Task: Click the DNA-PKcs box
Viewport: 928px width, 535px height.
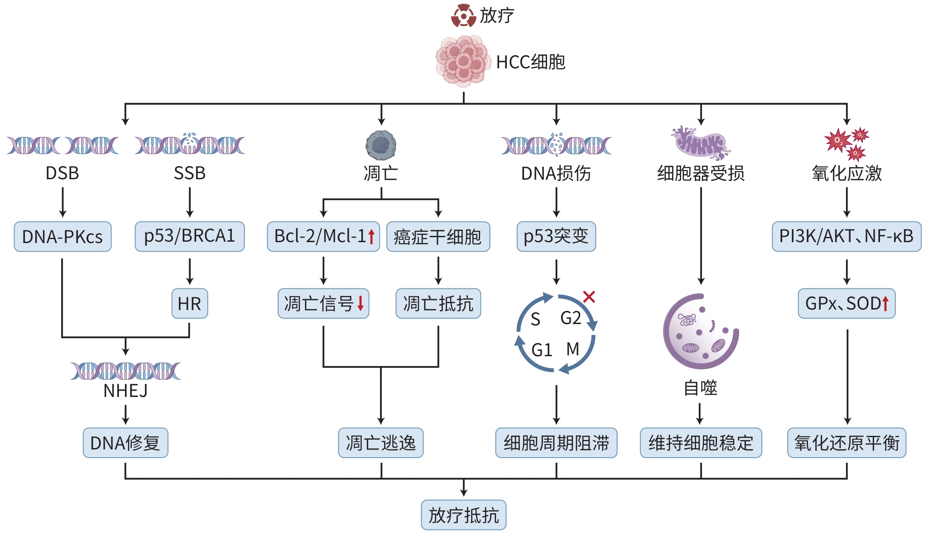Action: tap(63, 236)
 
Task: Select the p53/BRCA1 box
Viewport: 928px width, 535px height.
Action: tap(189, 236)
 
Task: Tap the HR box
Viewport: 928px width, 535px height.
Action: tap(189, 303)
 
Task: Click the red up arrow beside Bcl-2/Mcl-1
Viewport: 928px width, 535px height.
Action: tap(371, 236)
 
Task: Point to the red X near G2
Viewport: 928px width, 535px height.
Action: tap(589, 297)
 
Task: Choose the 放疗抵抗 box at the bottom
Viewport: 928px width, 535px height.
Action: tap(463, 515)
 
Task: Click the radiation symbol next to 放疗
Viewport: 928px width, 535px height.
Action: tap(463, 16)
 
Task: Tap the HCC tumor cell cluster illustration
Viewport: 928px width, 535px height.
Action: tap(463, 61)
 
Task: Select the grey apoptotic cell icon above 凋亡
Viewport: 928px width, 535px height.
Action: tap(381, 145)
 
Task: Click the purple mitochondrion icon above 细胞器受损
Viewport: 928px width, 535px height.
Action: tap(701, 143)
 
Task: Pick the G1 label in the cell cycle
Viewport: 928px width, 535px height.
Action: tap(541, 350)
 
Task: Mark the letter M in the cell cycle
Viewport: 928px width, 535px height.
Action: tap(573, 349)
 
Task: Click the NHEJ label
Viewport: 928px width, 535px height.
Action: tap(125, 391)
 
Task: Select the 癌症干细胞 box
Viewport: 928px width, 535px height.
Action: tap(438, 236)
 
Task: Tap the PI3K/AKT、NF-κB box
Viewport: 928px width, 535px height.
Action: tap(846, 236)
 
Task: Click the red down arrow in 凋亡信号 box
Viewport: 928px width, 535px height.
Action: tap(361, 303)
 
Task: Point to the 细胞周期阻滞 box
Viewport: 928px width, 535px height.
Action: tap(556, 443)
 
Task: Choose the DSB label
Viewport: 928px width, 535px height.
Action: tap(63, 173)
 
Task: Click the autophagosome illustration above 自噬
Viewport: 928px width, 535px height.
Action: tap(700, 332)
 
